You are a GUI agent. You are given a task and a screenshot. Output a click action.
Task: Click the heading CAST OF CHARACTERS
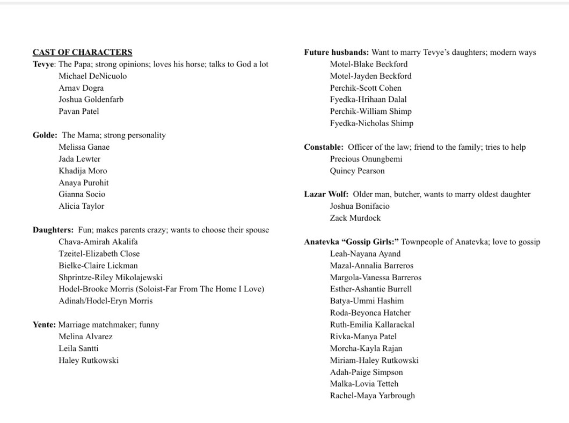pyautogui.click(x=82, y=52)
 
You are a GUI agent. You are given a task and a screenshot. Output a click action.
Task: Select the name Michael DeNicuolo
pyautogui.click(x=93, y=76)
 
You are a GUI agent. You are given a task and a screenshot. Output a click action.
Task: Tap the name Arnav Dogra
pyautogui.click(x=81, y=87)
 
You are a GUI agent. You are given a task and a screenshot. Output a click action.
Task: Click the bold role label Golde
pyautogui.click(x=45, y=135)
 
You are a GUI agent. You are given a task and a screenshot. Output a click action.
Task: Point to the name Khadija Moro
pyautogui.click(x=83, y=171)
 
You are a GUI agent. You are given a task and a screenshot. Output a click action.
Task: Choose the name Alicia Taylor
pyautogui.click(x=82, y=206)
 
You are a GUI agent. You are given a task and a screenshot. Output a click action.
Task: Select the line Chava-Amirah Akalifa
pyautogui.click(x=98, y=242)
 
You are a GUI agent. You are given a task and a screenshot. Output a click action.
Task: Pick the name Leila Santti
pyautogui.click(x=78, y=348)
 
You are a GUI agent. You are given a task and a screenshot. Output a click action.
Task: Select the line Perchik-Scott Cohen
pyautogui.click(x=366, y=87)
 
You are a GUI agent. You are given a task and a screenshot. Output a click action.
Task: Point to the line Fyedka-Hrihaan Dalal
pyautogui.click(x=368, y=99)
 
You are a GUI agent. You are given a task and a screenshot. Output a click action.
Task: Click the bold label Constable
pyautogui.click(x=324, y=147)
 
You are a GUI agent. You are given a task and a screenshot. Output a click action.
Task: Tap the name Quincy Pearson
pyautogui.click(x=357, y=171)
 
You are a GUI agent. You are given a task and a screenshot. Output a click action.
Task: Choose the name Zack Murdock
pyautogui.click(x=355, y=218)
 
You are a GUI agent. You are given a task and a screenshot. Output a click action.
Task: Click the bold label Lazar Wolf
pyautogui.click(x=326, y=194)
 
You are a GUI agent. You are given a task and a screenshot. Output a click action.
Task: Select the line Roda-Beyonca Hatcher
pyautogui.click(x=370, y=312)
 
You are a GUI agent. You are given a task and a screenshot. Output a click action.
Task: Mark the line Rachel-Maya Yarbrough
pyautogui.click(x=373, y=396)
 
